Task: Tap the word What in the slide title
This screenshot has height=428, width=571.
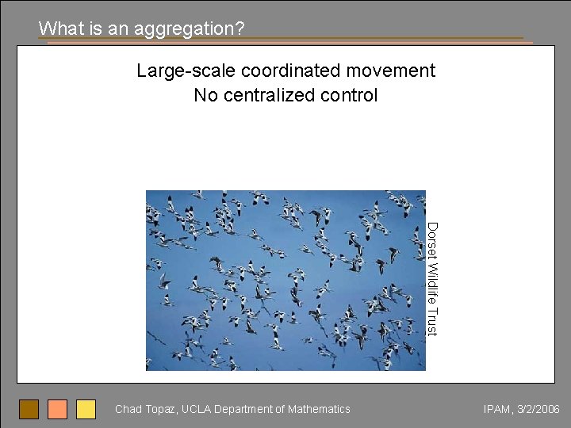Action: (56, 29)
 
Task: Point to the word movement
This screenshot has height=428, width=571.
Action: (393, 71)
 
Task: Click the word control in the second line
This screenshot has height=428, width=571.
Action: (348, 96)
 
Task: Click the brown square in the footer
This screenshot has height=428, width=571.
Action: (29, 409)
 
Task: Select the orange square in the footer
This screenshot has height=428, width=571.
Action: (58, 409)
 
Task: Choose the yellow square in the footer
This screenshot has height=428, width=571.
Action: (86, 409)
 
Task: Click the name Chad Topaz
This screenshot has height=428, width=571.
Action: (146, 409)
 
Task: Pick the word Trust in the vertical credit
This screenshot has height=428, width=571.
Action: (432, 322)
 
